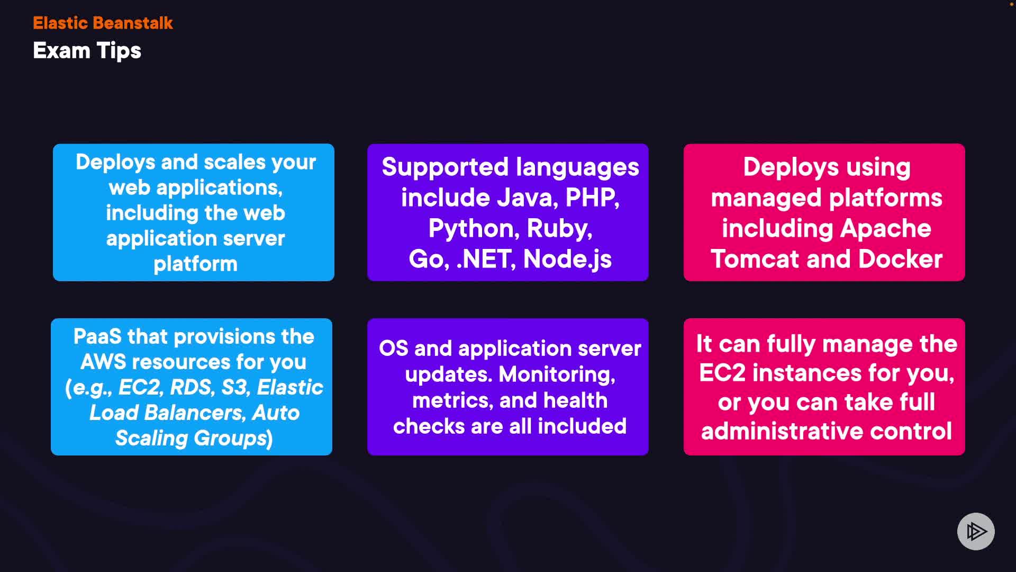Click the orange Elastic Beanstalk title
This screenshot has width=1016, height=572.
(103, 23)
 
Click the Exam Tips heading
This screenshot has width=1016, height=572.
(87, 51)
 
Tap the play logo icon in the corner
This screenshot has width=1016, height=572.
(976, 531)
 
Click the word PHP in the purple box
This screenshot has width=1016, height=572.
(592, 198)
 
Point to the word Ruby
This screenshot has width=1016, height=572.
(559, 228)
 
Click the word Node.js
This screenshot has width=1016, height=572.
(567, 259)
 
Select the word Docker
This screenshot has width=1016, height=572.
(900, 259)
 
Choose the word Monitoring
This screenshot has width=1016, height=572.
(557, 374)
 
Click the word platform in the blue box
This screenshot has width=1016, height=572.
(195, 264)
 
